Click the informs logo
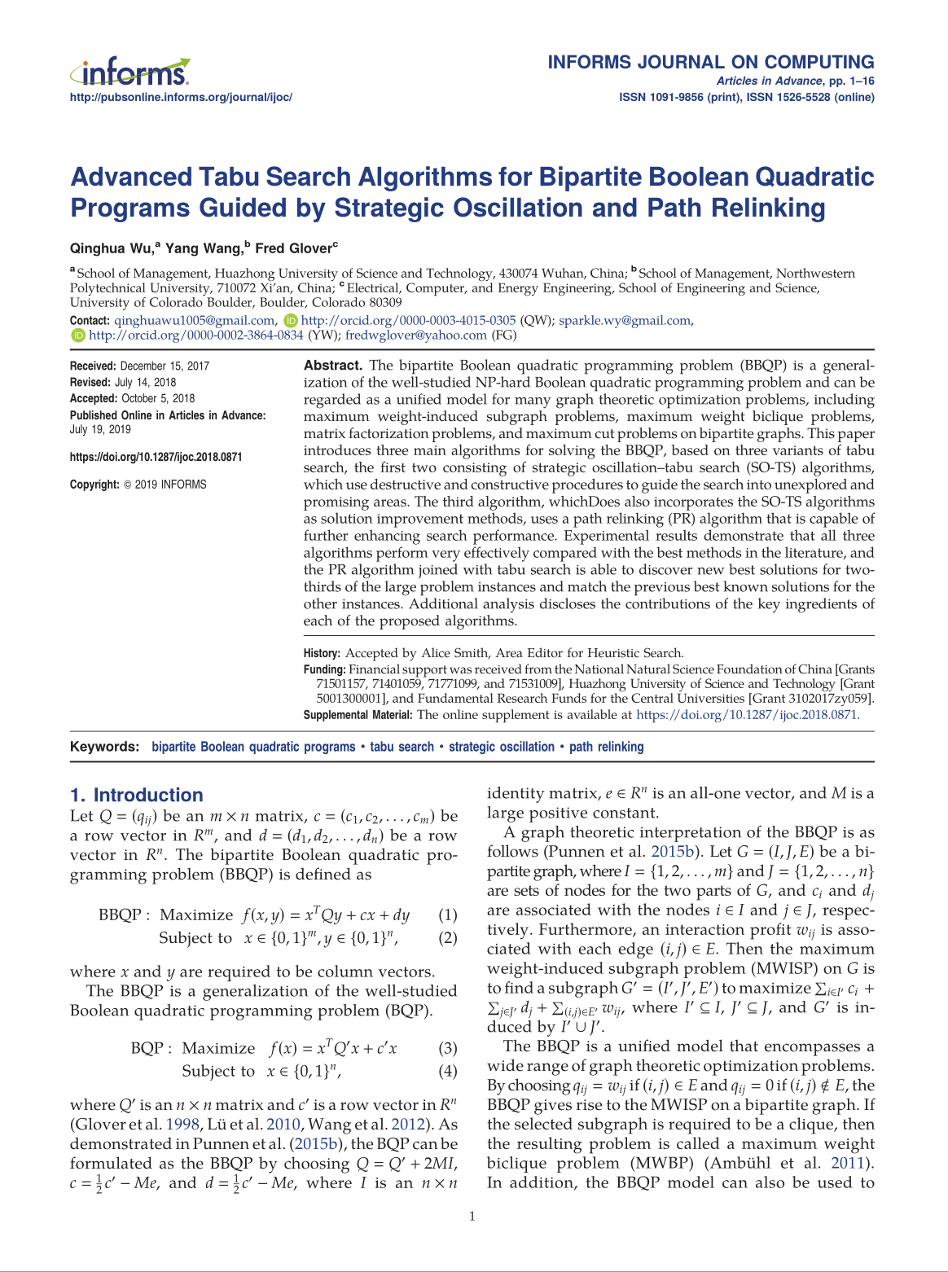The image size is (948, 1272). click(x=130, y=73)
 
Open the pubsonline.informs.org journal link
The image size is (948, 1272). click(x=181, y=98)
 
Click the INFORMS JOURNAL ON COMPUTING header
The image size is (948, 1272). click(x=710, y=63)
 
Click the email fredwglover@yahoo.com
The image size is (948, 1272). click(x=416, y=336)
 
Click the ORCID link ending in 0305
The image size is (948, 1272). click(x=408, y=321)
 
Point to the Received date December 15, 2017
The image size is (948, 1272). click(x=165, y=366)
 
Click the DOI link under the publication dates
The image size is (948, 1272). click(x=156, y=458)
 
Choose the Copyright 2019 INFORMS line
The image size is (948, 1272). click(x=138, y=485)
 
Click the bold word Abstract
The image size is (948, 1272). click(x=332, y=366)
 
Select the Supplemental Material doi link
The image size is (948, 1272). click(x=746, y=715)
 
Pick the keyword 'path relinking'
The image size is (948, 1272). click(x=606, y=747)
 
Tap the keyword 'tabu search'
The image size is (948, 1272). click(x=402, y=747)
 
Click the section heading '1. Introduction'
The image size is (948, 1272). click(x=137, y=796)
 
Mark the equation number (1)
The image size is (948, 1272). click(x=447, y=915)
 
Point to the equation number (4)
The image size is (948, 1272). click(x=447, y=1072)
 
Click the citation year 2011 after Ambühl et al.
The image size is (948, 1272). click(x=846, y=1164)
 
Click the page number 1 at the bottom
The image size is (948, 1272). click(x=472, y=1217)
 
